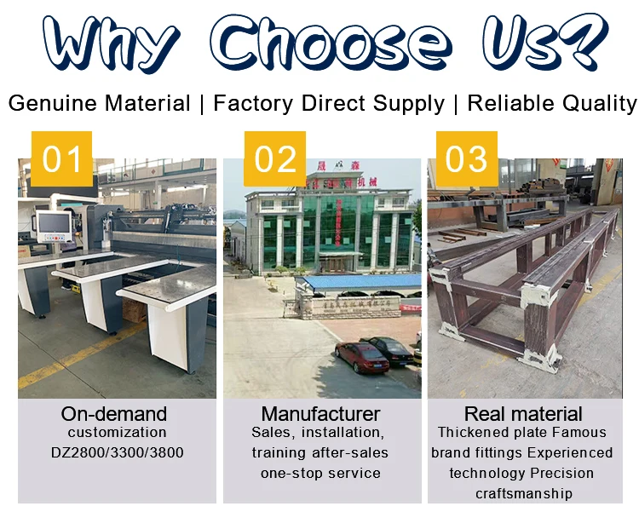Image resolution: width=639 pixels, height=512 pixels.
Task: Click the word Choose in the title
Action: tap(331, 41)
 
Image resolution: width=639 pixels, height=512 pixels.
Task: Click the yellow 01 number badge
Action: tap(61, 159)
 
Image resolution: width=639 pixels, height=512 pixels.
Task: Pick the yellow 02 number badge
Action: tap(275, 159)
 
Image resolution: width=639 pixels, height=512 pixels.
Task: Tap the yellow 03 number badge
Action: tap(466, 159)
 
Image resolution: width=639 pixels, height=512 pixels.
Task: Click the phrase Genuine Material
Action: tap(100, 104)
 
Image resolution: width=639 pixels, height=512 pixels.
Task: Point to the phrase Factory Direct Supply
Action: tap(329, 104)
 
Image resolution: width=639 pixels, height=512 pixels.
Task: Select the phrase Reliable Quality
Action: tap(551, 104)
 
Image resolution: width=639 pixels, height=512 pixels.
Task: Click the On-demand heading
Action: tap(114, 415)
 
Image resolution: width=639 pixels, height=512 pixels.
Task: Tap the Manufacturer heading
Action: tap(320, 415)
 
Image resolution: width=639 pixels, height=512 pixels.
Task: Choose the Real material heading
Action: tap(523, 415)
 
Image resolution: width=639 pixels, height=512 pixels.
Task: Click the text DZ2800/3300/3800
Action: tap(118, 452)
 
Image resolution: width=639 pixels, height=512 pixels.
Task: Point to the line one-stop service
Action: tap(320, 473)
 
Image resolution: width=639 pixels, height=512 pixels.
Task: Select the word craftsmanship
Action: tap(522, 493)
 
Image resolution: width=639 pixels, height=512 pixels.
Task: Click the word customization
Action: tap(118, 433)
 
